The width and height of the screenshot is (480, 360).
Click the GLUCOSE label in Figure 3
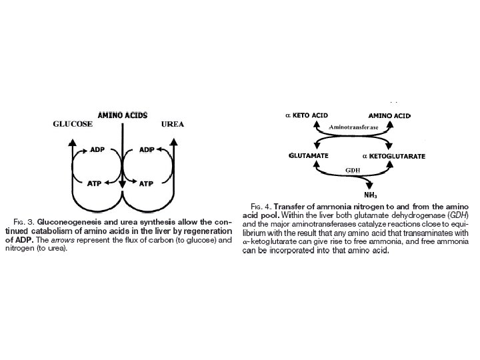point(73,125)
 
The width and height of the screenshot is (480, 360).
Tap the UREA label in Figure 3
point(173,124)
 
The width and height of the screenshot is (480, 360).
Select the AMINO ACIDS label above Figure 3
point(123,115)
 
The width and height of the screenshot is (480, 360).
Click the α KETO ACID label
point(307,115)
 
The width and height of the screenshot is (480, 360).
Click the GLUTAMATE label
point(308,155)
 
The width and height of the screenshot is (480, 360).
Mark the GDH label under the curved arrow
point(353,171)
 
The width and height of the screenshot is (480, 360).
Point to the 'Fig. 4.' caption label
point(261,206)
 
